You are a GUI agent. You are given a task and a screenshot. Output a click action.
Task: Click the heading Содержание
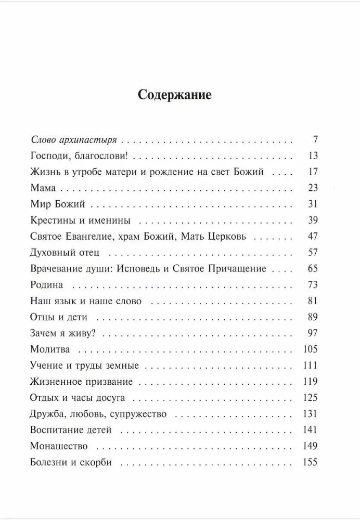(174, 95)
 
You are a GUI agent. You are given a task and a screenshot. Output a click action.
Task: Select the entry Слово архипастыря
(73, 140)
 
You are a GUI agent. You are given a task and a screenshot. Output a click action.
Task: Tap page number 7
(315, 139)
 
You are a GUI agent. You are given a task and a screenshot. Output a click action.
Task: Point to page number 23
(312, 188)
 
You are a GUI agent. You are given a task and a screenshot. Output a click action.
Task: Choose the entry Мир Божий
(58, 204)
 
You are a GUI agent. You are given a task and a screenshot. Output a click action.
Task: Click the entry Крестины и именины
(80, 220)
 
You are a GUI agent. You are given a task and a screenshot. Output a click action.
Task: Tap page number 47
(312, 236)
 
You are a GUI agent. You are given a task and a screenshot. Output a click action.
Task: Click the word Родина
(47, 284)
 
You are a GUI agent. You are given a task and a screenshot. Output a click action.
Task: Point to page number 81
(312, 301)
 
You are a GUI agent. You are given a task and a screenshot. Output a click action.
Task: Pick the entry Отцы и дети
(59, 317)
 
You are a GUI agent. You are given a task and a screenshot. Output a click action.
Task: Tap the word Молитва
(50, 349)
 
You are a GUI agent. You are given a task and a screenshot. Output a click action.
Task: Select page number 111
(310, 365)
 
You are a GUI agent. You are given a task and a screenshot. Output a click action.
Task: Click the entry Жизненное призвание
(82, 382)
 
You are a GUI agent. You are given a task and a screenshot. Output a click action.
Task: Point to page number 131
(310, 414)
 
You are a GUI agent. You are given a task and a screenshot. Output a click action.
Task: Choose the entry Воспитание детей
(71, 430)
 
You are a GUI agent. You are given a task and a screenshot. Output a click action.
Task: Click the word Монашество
(59, 446)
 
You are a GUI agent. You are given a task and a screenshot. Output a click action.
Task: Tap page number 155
(310, 462)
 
